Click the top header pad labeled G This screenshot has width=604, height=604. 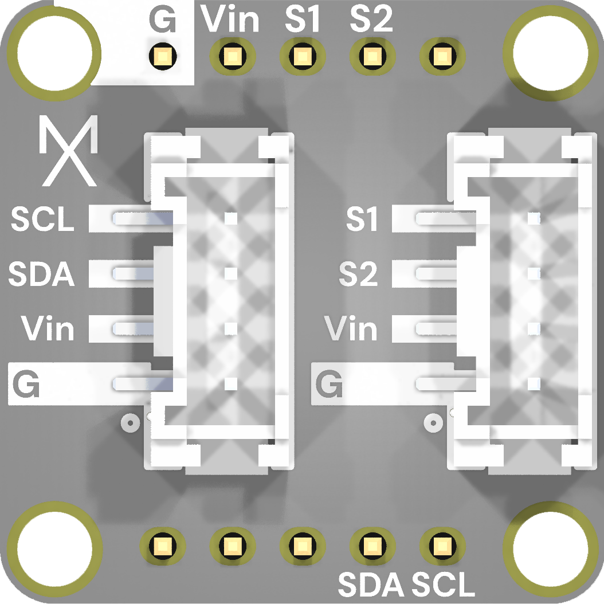point(163,56)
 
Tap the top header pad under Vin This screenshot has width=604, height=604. point(232,56)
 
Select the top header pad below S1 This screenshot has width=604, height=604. point(303,56)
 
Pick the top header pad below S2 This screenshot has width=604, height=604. point(372,56)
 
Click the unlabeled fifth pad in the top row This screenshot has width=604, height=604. point(442,56)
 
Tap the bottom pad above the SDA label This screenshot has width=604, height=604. point(372,546)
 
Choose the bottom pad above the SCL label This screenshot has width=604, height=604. point(442,546)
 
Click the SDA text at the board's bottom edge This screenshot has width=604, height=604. point(371,585)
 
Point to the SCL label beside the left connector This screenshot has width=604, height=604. point(42,219)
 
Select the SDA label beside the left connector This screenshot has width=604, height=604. point(41,274)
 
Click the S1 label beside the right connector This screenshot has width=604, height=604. point(362,219)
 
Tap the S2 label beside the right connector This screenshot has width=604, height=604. point(358,274)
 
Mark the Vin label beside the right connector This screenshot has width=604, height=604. point(351,328)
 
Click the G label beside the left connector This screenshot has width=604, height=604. point(26,384)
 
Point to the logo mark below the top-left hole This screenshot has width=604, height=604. point(69,151)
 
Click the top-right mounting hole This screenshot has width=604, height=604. point(551,53)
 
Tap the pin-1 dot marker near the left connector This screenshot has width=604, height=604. point(130,423)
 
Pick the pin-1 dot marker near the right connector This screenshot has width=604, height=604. point(433,423)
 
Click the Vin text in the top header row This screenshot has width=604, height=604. point(230,19)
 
